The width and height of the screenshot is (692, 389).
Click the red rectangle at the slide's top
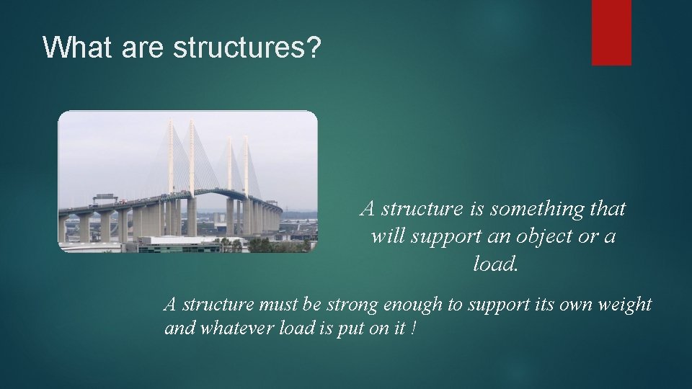(611, 32)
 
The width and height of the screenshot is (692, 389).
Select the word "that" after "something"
(607, 209)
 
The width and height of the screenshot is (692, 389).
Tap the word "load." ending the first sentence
(495, 264)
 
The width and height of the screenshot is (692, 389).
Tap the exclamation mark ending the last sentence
(413, 328)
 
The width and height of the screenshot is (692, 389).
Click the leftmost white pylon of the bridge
(171, 158)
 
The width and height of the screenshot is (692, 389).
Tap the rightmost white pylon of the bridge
(246, 166)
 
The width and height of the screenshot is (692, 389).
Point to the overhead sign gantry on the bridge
(105, 197)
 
